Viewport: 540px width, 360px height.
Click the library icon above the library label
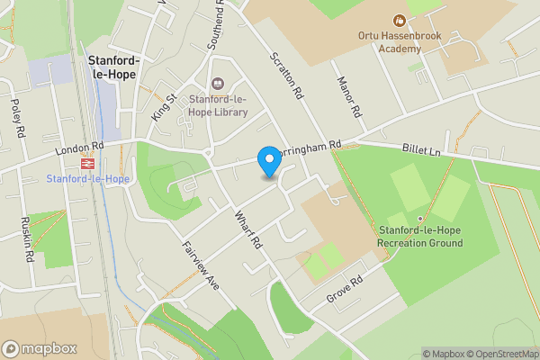click(217, 85)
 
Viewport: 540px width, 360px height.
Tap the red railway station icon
click(88, 165)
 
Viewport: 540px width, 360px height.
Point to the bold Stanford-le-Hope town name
click(113, 67)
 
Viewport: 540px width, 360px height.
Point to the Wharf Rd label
click(249, 229)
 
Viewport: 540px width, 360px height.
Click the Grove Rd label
click(344, 288)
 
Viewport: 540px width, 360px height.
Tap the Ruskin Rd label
click(28, 242)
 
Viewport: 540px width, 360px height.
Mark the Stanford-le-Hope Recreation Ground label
click(420, 237)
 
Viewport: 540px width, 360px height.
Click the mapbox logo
click(39, 348)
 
